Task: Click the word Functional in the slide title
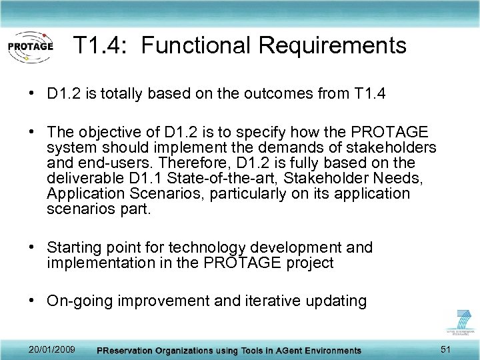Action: click(x=196, y=46)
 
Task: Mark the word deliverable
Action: click(x=81, y=178)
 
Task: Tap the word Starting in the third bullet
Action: click(x=73, y=248)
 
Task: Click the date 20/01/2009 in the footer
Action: click(x=52, y=350)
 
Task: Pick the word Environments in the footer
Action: click(x=325, y=351)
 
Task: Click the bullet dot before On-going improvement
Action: click(x=33, y=301)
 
